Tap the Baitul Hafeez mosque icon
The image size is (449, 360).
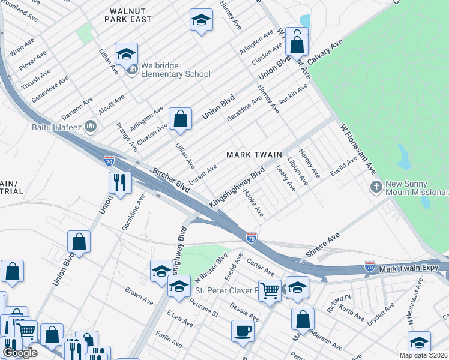point(91,126)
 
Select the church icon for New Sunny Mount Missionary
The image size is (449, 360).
point(376,187)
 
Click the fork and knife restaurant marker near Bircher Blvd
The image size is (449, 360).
point(120,182)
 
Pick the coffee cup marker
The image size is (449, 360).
point(243,331)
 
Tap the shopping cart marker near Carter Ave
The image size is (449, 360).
point(270,290)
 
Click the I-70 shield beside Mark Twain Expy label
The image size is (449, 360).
point(370,266)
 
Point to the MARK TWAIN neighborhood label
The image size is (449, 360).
point(254,155)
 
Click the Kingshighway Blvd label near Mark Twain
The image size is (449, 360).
point(237,189)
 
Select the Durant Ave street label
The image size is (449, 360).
point(203,173)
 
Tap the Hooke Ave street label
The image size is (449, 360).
point(253,203)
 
